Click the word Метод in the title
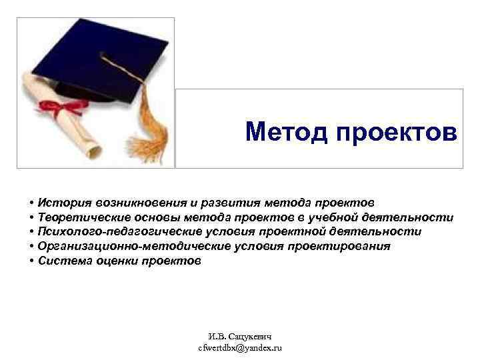279,133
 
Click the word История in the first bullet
64,202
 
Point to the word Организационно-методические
127,247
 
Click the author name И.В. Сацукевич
240,337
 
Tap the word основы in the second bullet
161,217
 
